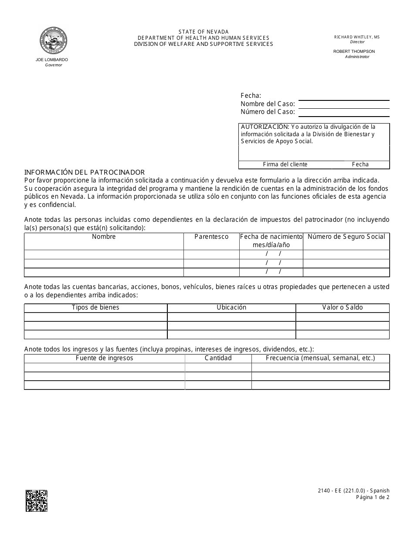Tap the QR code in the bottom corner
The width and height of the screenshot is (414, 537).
coord(37,500)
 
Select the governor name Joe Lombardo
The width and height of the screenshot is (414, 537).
coord(52,60)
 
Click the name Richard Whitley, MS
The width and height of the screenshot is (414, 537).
coord(357,37)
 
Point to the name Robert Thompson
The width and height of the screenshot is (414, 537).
coord(354,52)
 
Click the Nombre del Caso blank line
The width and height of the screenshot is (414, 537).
coord(344,104)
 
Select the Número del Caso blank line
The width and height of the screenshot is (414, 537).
coord(344,112)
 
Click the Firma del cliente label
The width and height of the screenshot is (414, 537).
coord(285,165)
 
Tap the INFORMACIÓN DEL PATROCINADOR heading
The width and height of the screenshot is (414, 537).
coord(85,172)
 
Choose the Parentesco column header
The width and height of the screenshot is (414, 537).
coord(211,237)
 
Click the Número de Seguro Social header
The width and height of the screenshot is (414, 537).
coord(346,237)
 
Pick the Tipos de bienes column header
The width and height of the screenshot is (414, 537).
coord(95,307)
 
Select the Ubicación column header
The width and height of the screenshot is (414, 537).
coord(231,307)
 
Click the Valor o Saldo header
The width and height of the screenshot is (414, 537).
coord(343,307)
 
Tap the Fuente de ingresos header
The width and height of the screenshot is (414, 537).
coord(105,358)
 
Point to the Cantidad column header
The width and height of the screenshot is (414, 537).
coord(218,358)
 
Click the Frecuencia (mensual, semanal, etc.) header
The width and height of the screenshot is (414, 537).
coord(320,358)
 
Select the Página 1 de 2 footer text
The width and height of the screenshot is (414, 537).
coord(373,497)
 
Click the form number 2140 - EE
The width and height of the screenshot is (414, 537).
coord(332,491)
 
